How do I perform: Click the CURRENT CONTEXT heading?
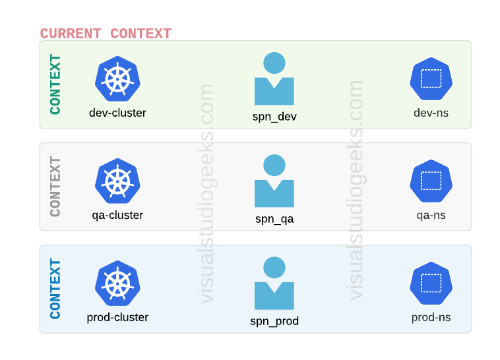(x=105, y=33)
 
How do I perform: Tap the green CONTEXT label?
(x=55, y=84)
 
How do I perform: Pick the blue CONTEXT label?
(x=55, y=289)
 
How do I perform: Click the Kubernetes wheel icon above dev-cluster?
(x=118, y=79)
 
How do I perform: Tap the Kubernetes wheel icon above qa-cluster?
(x=118, y=182)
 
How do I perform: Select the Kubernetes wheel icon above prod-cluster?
(x=118, y=284)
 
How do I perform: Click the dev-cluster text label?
(x=118, y=112)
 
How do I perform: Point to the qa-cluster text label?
(x=118, y=215)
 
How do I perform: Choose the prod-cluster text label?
(x=118, y=317)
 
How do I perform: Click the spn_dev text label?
(x=275, y=117)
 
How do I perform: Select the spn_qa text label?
(x=275, y=219)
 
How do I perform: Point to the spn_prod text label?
(x=275, y=321)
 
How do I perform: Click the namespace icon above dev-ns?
(x=431, y=79)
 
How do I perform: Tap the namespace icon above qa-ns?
(x=431, y=182)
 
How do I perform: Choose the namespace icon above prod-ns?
(x=431, y=284)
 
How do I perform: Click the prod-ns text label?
(x=431, y=317)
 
